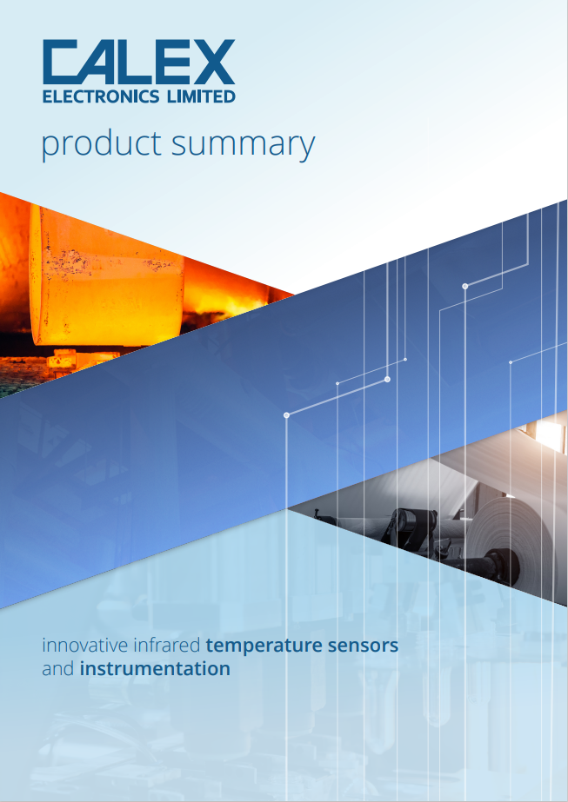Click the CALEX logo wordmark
pos(139,62)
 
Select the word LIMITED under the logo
pos(197,96)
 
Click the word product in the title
pos(101,145)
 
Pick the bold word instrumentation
pos(155,668)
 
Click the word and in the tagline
pos(58,668)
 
